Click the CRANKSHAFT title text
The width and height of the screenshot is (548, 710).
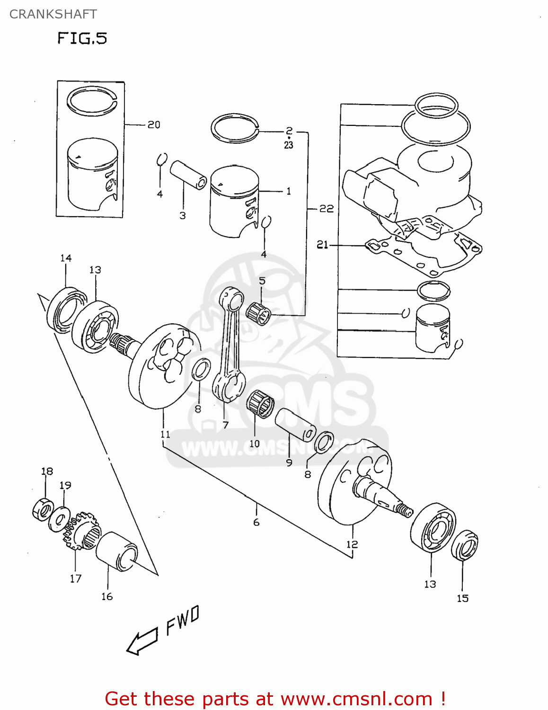(53, 14)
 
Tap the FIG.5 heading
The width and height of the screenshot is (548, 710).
(82, 38)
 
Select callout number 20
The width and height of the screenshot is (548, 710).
(154, 124)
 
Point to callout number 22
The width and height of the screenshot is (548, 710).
(327, 208)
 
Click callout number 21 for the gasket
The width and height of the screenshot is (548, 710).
(322, 245)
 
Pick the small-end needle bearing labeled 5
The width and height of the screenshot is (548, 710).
(259, 313)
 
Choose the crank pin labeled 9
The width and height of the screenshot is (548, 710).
(295, 425)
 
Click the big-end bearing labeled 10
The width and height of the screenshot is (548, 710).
(260, 404)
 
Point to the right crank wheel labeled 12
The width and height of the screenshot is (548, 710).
(353, 485)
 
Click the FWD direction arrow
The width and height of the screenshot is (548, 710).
(142, 642)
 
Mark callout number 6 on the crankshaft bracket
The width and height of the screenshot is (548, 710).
(256, 522)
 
